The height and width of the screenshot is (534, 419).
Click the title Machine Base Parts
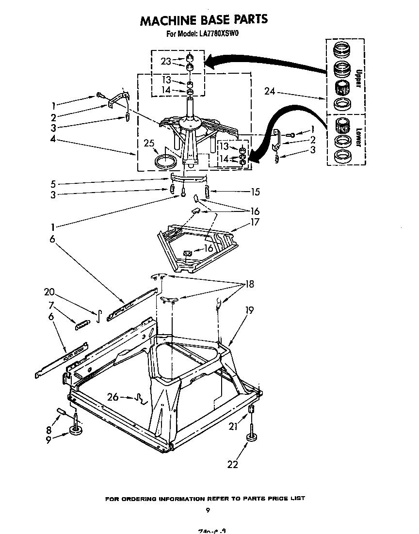[x=204, y=20]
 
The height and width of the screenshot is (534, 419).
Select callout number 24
[x=270, y=91]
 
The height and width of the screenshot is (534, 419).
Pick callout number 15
[x=255, y=192]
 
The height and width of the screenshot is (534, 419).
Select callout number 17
[x=255, y=222]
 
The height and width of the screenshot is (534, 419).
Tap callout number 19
[x=249, y=310]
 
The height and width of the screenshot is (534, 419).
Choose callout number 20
[x=49, y=292]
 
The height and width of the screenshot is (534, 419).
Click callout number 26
[x=113, y=397]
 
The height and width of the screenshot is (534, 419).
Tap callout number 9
[x=48, y=441]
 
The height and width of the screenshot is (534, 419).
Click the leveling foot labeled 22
[x=252, y=438]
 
